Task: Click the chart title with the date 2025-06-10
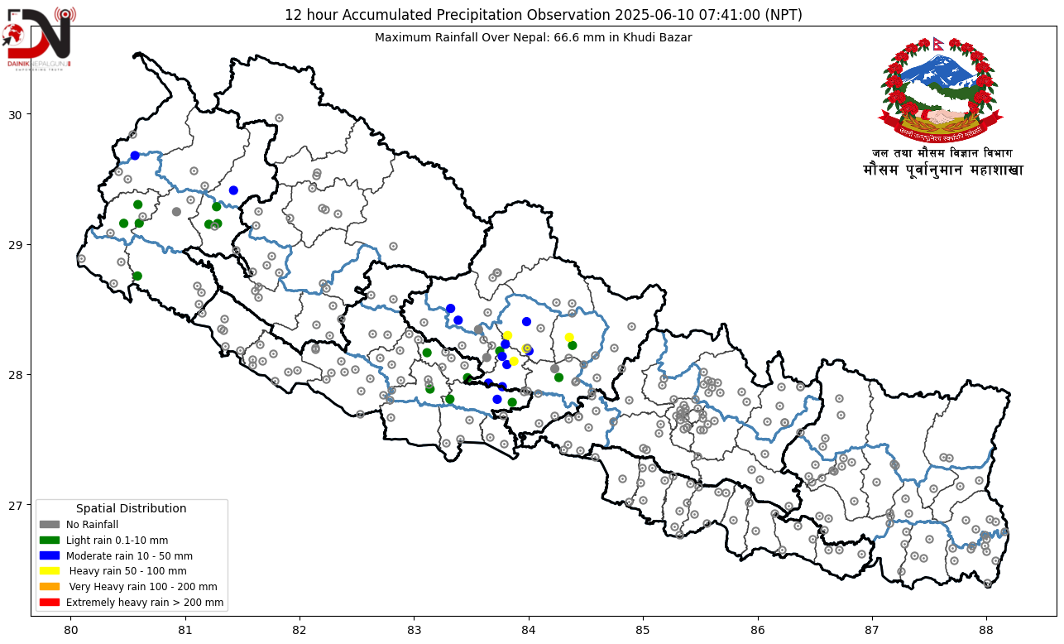tap(543, 15)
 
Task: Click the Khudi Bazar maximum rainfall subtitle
tap(533, 37)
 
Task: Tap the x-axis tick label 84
tap(529, 628)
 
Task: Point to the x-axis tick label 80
tap(70, 628)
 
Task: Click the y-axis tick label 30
tap(16, 114)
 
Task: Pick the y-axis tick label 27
tap(16, 505)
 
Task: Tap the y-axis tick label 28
tap(16, 375)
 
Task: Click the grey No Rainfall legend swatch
tap(50, 525)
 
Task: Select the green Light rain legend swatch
tap(50, 541)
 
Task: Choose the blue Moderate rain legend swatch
tap(50, 555)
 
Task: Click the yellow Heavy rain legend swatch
tap(50, 571)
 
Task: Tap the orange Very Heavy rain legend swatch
tap(50, 587)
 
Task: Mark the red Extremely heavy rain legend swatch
tap(50, 603)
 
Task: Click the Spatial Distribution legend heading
tap(131, 508)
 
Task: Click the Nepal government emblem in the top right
tap(940, 89)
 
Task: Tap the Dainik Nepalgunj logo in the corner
tap(38, 37)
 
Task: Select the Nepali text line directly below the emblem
tap(942, 153)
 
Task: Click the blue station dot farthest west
tap(135, 156)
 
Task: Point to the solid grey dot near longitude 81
tap(176, 212)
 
